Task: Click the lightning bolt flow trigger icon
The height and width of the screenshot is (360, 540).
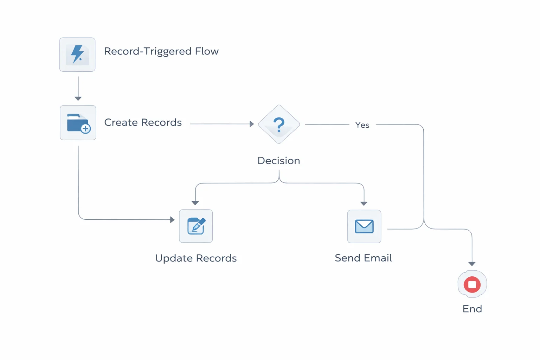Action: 77,54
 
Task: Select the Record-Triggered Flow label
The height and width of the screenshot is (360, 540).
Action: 161,51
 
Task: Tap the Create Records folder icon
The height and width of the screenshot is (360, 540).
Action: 78,123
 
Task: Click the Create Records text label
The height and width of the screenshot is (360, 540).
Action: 143,122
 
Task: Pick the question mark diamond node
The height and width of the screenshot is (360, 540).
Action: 279,124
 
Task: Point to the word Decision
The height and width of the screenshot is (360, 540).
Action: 278,161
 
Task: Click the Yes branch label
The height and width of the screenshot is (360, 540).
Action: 362,125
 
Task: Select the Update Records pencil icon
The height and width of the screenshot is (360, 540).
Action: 196,226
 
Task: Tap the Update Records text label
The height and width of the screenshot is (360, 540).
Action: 196,258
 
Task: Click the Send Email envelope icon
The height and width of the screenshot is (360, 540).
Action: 364,226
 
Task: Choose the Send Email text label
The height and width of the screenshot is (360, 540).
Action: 363,258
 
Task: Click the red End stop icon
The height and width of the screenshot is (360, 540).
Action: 472,284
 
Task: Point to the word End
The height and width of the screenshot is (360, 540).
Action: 472,309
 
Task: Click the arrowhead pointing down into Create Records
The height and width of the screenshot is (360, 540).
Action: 78,98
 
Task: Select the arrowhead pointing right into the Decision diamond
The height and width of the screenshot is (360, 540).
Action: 252,124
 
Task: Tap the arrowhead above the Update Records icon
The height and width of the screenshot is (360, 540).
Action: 195,203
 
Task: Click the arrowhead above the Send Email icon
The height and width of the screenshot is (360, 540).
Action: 364,204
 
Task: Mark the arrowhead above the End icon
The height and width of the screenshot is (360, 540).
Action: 472,264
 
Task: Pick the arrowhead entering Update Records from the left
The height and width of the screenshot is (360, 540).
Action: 172,220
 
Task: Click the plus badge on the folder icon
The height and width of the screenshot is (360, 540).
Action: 85,129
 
